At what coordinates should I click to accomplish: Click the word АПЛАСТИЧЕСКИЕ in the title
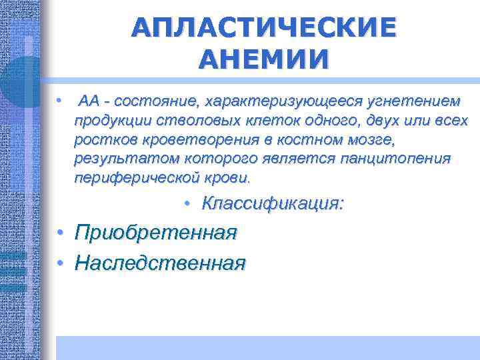click(x=263, y=27)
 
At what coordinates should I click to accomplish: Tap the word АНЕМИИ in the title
click(x=263, y=59)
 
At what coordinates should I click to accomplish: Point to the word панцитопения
click(x=395, y=160)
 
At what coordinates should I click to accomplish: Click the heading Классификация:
click(x=273, y=203)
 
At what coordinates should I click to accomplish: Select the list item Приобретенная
click(x=156, y=233)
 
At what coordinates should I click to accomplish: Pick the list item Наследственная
click(x=160, y=263)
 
